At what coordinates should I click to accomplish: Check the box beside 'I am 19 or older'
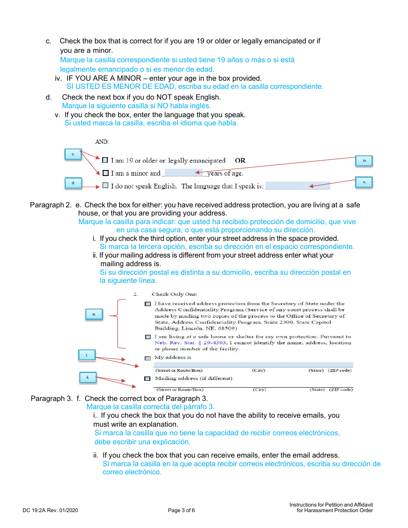point(105,160)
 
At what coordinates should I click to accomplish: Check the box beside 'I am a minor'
point(105,173)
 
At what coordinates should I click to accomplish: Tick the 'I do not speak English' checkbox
point(105,186)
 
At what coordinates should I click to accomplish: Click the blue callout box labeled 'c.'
point(73,154)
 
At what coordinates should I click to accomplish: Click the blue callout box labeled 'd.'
point(73,183)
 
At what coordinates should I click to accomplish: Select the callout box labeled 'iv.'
point(364,161)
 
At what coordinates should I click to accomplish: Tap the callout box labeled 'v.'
point(364,182)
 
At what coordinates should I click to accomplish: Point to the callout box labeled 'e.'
point(94,314)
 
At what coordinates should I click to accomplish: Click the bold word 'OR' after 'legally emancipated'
point(240,161)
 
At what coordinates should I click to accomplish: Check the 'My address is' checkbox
point(148,358)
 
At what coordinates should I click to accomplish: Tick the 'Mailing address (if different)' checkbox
point(147,379)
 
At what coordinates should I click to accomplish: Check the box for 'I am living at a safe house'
point(148,337)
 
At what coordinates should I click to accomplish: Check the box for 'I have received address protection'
point(148,304)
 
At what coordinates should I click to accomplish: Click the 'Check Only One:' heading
point(174,294)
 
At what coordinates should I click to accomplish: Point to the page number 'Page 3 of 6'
point(181,510)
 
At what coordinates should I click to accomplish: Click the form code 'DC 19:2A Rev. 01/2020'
point(50,510)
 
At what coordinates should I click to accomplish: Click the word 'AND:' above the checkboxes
point(102,142)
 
